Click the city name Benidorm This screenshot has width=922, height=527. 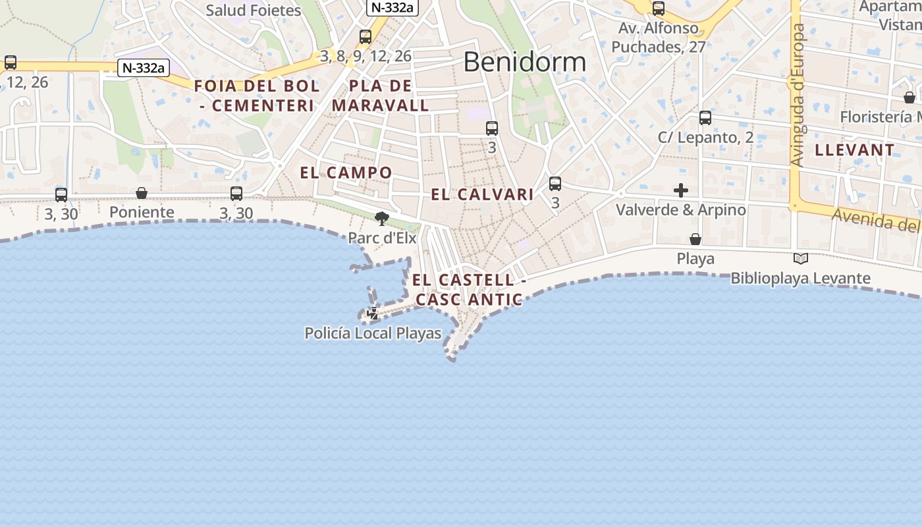524,62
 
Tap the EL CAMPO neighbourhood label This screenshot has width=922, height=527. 346,173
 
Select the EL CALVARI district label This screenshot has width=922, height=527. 482,194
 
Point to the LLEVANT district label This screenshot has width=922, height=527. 854,150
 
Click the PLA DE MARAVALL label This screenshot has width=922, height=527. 381,96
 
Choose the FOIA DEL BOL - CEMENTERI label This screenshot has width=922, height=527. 257,96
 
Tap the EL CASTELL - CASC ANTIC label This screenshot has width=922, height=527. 469,290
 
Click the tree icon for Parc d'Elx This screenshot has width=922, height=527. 381,218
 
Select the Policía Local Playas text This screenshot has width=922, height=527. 373,333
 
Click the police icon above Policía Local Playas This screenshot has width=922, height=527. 373,314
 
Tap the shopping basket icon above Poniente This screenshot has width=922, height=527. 142,193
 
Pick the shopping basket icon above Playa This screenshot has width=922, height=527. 695,239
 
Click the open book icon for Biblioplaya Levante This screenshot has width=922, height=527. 801,259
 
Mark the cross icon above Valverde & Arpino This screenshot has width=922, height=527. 681,190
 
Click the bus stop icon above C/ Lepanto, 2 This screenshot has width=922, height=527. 705,118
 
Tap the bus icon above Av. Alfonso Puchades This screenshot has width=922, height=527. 659,9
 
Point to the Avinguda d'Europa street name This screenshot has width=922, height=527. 798,96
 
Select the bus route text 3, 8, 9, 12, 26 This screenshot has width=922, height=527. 366,57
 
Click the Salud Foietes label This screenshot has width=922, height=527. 254,11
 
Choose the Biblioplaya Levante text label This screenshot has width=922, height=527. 800,279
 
